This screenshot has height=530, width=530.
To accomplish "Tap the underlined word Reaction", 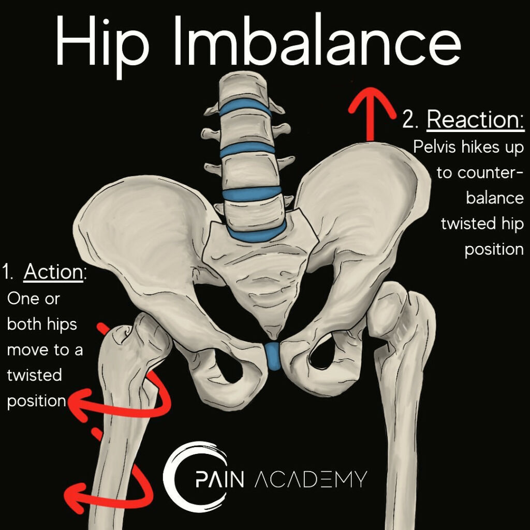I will click(x=476, y=120).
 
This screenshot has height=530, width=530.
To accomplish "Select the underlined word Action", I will click(x=53, y=272).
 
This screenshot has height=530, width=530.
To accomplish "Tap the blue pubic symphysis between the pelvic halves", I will click(x=273, y=356).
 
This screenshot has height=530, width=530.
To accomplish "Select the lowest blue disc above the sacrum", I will click(x=257, y=230).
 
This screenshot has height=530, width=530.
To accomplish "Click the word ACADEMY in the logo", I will click(x=311, y=479).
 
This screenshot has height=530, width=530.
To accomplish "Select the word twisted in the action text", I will click(x=34, y=375).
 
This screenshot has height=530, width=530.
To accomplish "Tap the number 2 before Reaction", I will click(x=410, y=121).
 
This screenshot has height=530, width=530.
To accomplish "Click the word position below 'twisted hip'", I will click(x=494, y=249).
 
